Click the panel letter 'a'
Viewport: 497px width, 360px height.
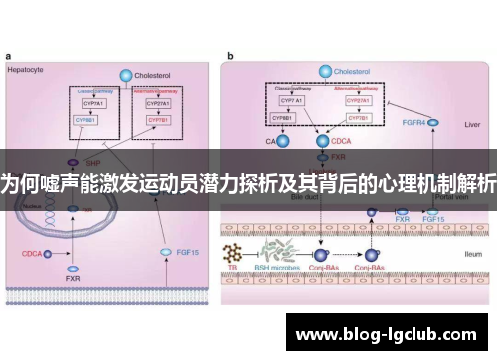[x=8, y=57]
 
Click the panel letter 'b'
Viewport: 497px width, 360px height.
[x=231, y=57]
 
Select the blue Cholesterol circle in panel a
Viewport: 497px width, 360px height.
[x=125, y=75]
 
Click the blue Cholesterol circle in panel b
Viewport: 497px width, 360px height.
[x=323, y=71]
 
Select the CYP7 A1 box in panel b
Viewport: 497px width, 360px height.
[x=291, y=100]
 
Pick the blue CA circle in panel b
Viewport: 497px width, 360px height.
[x=281, y=143]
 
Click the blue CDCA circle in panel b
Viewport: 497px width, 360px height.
[x=323, y=143]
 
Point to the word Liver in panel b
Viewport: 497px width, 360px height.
[x=470, y=126]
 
